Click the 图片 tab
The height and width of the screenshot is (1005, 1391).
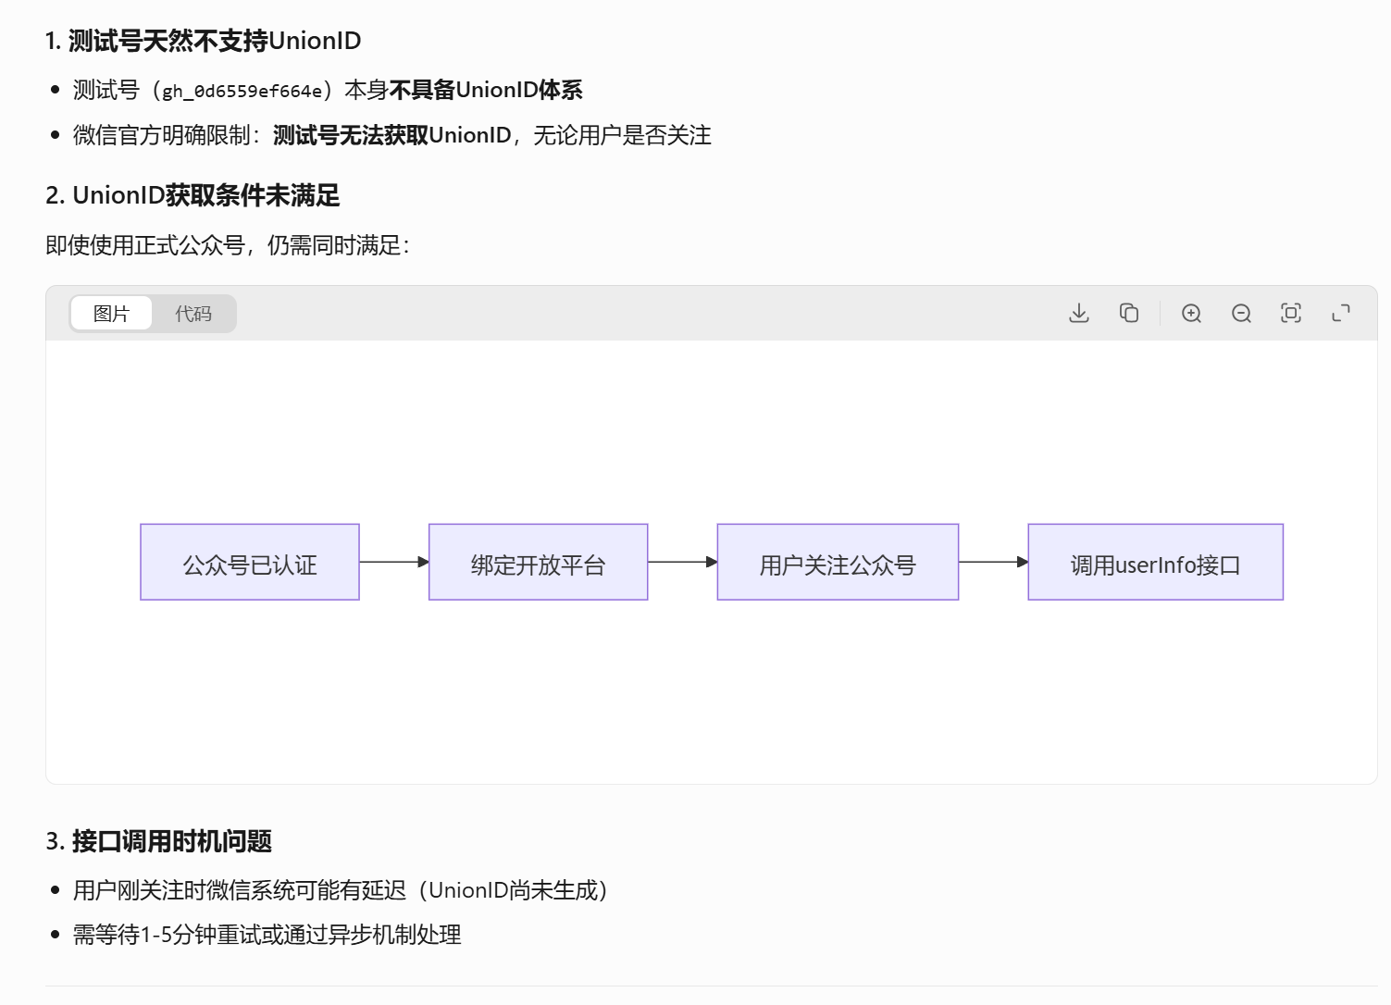click(111, 314)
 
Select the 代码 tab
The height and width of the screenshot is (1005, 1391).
click(193, 314)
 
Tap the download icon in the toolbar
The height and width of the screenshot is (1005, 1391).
click(1079, 314)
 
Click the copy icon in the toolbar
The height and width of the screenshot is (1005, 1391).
click(1129, 314)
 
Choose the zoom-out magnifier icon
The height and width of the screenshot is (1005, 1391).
click(1241, 314)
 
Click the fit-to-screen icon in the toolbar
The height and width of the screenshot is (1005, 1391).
click(1291, 314)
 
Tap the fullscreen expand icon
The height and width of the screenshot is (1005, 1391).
click(1341, 314)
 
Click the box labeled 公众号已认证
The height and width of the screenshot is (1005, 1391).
click(250, 563)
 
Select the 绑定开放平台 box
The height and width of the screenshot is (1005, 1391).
click(538, 563)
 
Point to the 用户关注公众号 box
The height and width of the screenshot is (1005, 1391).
click(838, 563)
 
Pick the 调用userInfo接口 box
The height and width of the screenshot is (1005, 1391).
click(1155, 563)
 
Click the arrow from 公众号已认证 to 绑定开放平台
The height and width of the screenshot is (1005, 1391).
click(393, 562)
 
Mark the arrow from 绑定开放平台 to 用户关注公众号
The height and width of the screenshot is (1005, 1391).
click(682, 562)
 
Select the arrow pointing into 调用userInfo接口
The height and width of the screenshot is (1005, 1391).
click(993, 562)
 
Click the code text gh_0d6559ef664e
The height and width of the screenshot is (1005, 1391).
click(242, 91)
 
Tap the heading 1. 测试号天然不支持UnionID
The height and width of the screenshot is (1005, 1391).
click(204, 41)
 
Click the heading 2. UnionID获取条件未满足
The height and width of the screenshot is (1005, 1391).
click(193, 195)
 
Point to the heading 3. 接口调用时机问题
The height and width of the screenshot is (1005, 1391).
click(159, 841)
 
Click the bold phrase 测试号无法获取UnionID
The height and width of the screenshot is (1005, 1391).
click(392, 135)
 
